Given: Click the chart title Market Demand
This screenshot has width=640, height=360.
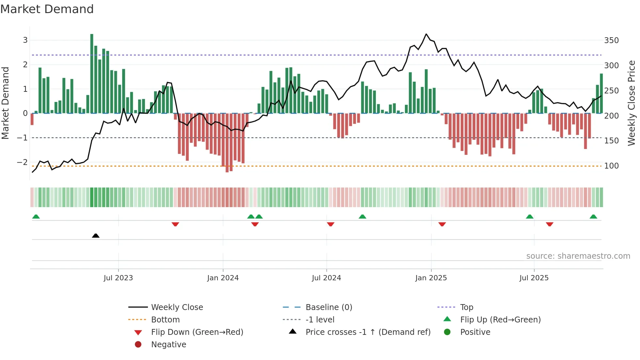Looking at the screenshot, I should click(x=47, y=9).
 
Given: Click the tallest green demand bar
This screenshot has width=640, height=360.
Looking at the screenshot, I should click(x=92, y=74).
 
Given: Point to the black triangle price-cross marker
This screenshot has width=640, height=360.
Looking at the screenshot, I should click(x=96, y=236).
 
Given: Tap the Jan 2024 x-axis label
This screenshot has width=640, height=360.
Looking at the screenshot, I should click(x=223, y=278).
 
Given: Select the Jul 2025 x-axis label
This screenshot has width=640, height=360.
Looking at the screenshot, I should click(x=534, y=278).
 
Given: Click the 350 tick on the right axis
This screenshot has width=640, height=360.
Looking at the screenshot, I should click(x=611, y=41).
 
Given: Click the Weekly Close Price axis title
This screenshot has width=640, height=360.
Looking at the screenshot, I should click(x=632, y=103).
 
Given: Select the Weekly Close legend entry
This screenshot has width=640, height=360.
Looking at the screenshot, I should click(x=177, y=307).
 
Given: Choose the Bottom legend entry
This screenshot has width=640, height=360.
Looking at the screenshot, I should click(x=165, y=320).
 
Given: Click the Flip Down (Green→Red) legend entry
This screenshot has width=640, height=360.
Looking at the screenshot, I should click(x=197, y=332).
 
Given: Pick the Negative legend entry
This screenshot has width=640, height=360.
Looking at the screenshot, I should click(x=168, y=345).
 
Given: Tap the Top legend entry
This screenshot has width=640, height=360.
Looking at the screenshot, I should click(x=466, y=307).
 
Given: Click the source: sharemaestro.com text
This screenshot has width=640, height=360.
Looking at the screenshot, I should click(x=578, y=256).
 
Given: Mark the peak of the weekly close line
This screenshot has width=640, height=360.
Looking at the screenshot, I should click(x=426, y=34).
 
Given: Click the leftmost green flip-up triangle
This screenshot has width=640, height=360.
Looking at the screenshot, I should click(x=36, y=217).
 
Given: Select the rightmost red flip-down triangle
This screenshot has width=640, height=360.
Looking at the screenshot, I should click(x=550, y=224).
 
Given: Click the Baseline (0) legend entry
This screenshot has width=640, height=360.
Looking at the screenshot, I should click(x=328, y=307).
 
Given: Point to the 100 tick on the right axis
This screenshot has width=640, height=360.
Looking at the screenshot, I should click(x=611, y=166).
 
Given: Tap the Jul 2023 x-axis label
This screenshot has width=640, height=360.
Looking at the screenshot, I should click(x=118, y=278).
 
